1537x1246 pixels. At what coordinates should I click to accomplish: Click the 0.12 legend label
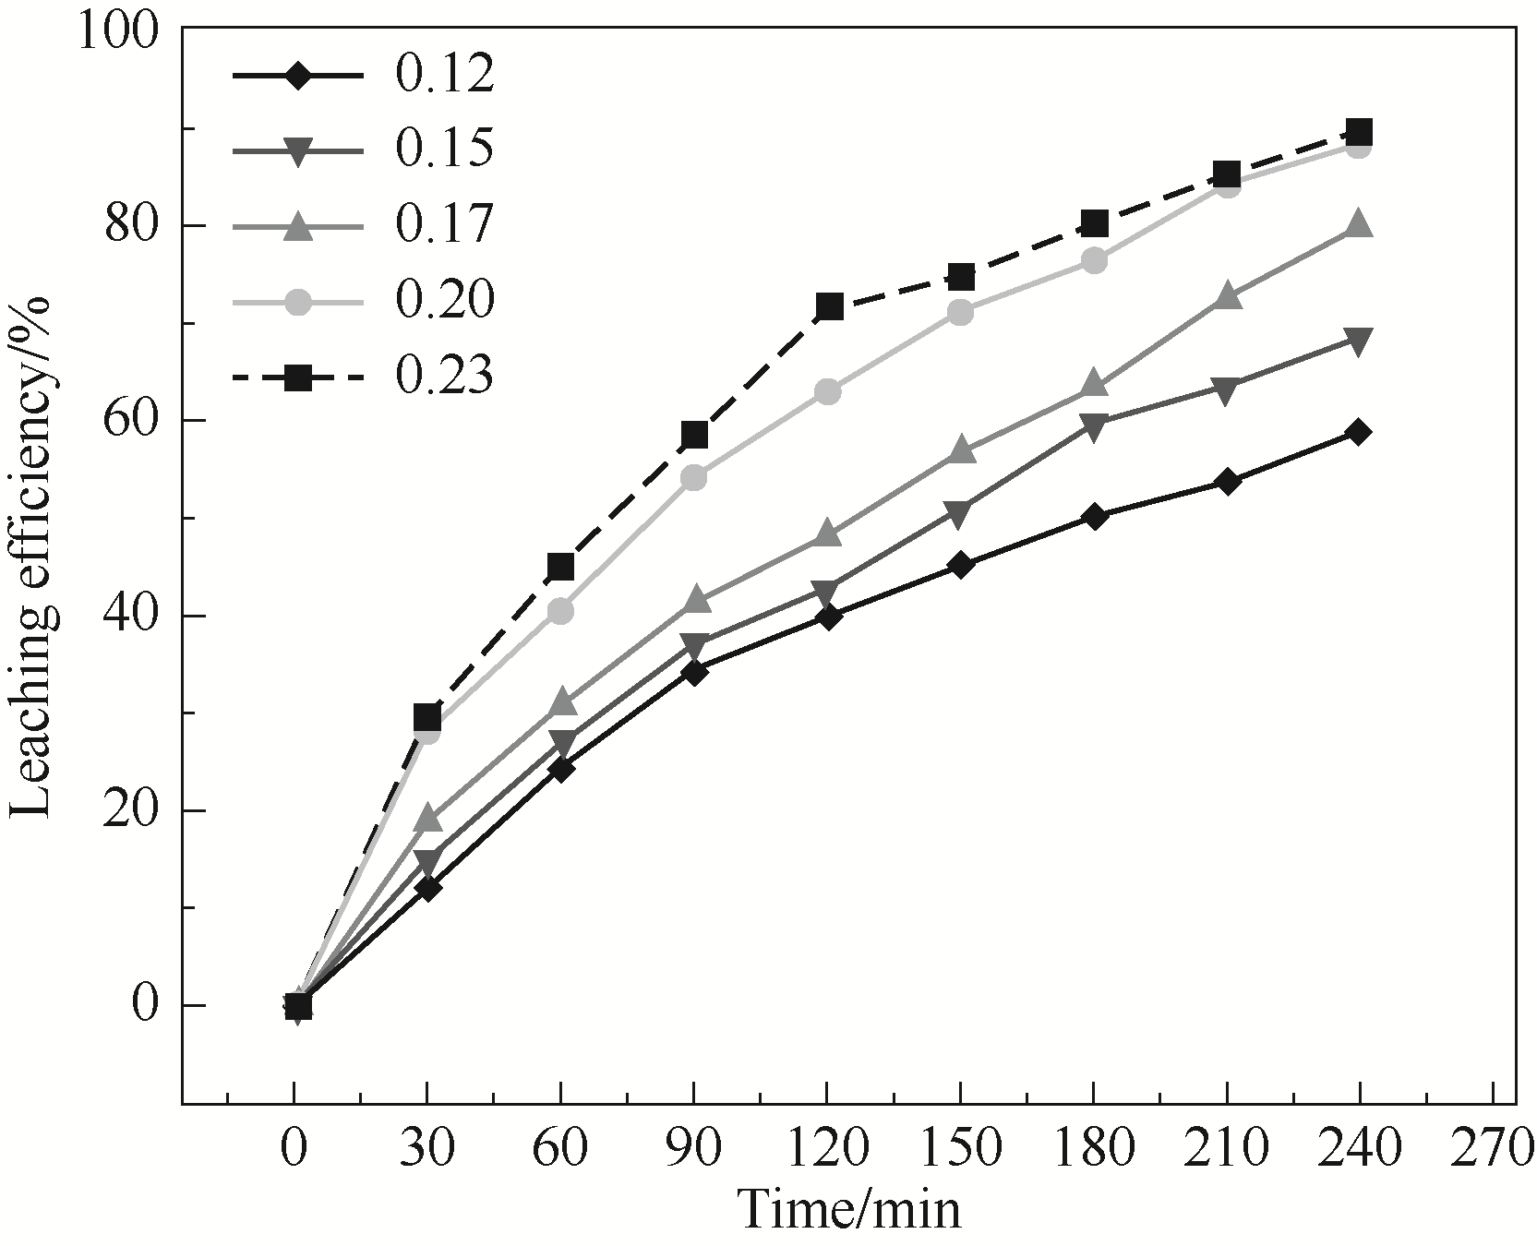(445, 76)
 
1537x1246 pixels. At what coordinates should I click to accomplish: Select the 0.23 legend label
(445, 377)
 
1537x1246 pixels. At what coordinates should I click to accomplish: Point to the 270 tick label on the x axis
(1492, 1149)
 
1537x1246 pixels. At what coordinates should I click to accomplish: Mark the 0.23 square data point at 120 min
(828, 306)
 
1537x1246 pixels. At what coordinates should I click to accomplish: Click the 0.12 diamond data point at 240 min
(1358, 432)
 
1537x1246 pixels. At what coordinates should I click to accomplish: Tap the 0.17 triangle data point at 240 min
(1358, 224)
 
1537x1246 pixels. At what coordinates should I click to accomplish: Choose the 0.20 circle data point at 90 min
(694, 478)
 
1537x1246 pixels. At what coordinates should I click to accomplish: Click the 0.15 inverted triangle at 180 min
(1094, 427)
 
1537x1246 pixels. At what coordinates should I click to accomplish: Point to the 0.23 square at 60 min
(561, 567)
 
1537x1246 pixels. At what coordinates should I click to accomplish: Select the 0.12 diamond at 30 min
(427, 888)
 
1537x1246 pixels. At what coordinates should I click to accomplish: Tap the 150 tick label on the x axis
(960, 1149)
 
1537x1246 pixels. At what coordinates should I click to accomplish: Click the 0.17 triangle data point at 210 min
(1227, 297)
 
